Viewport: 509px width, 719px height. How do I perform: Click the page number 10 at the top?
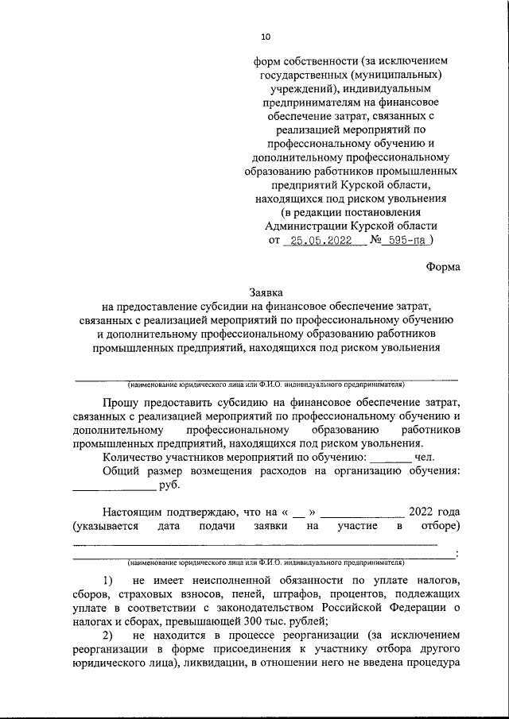point(266,37)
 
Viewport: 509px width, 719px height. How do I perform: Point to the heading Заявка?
point(266,292)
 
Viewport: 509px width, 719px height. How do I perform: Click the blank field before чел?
point(390,458)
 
